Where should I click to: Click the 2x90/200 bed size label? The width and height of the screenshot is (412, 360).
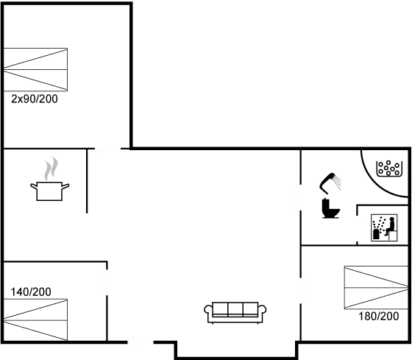tap(34, 99)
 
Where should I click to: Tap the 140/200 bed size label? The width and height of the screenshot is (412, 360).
tap(31, 292)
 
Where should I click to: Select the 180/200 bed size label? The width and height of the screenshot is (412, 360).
tap(379, 317)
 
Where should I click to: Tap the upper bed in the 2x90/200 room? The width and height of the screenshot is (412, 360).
tap(36, 59)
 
